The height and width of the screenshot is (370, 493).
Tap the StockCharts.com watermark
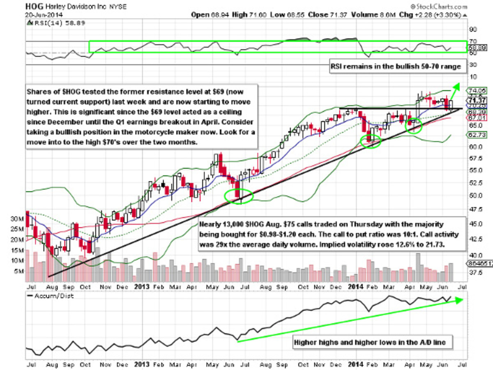click(x=438, y=7)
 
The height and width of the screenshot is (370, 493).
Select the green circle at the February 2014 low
click(x=371, y=141)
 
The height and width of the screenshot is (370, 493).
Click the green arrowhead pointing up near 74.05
click(x=457, y=86)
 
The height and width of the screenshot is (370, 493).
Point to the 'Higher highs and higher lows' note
click(x=372, y=341)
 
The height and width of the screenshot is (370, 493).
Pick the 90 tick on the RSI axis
click(x=473, y=30)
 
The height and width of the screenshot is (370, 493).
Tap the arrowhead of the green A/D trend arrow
click(x=461, y=299)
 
